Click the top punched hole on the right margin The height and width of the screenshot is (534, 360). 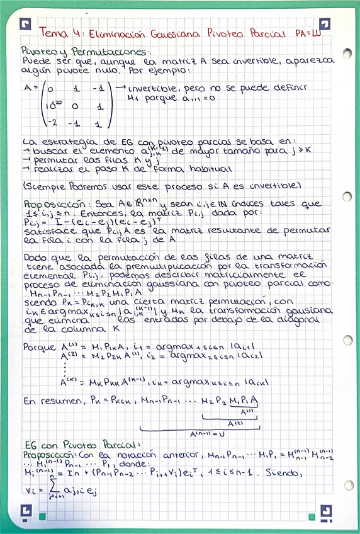click(347, 55)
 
